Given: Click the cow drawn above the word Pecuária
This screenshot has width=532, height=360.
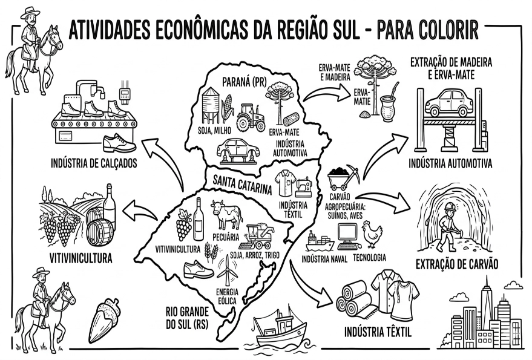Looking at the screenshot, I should click(226, 214).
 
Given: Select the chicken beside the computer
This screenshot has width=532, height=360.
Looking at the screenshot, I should click(369, 234).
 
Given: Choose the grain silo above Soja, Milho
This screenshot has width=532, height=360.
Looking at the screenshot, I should click(211, 103).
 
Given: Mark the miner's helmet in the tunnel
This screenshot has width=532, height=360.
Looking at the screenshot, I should click(449, 207).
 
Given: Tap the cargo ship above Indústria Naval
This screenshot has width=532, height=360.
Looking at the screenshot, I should click(319, 241).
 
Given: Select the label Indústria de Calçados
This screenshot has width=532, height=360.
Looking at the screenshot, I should click(93, 163).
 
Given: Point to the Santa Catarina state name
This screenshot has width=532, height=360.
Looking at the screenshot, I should click(242, 183).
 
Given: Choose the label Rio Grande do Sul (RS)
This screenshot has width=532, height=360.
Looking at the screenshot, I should click(189, 318).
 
